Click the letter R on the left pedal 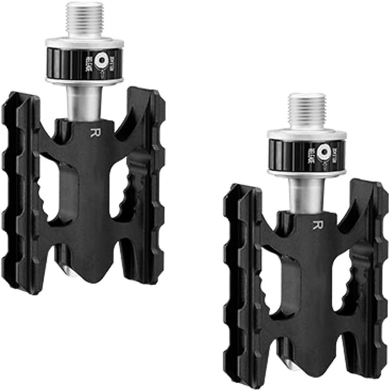tap(92, 132)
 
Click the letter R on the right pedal tap(315, 225)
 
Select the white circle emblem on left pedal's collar tap(101, 61)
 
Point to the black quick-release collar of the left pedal tap(72, 62)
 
